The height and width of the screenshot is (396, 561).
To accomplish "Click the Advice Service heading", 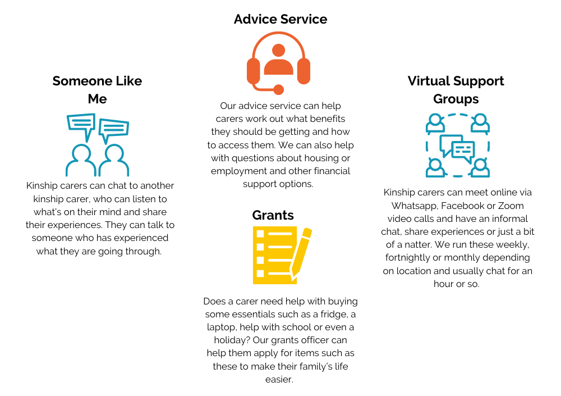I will tap(280, 19).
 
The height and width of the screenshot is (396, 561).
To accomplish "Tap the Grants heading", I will tap(273, 215).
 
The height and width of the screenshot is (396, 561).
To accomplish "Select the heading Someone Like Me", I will tap(97, 89).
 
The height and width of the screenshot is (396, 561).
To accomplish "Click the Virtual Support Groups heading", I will tap(456, 89).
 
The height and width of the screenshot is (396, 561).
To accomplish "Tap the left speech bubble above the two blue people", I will tap(81, 125).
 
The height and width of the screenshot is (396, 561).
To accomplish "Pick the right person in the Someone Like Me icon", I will tap(114, 161).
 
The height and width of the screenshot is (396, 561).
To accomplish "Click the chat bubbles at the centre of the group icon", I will tap(457, 148).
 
